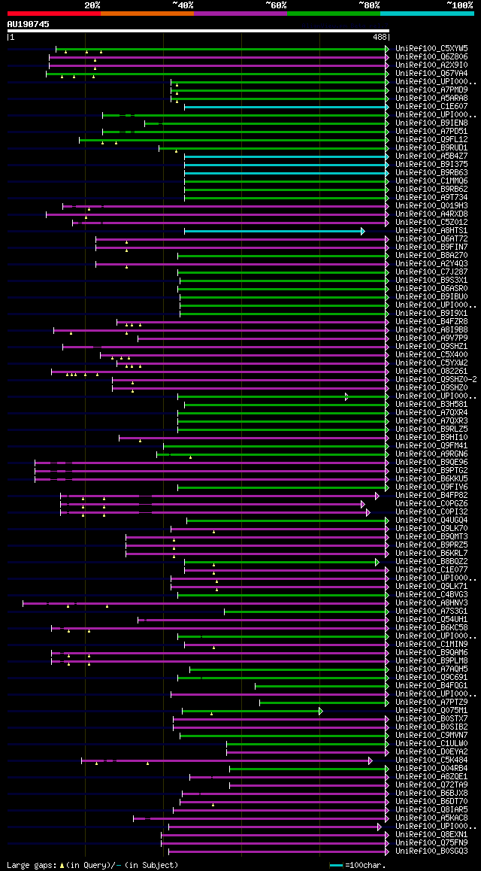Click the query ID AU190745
pos(29,24)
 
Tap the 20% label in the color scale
pos(92,5)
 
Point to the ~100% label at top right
pos(459,5)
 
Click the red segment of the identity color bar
pos(53,14)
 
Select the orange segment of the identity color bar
pos(147,14)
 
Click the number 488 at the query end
pos(380,36)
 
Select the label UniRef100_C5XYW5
pos(431,49)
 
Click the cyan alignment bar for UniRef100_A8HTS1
pos(274,231)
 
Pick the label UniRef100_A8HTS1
pos(431,231)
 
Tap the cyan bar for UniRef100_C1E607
pos(286,107)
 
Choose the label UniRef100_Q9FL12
pos(431,140)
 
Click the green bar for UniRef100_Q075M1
pos(251,711)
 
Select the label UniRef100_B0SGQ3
pos(431,851)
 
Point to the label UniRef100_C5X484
pos(431,760)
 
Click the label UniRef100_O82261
pos(431,372)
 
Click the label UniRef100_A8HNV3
pos(431,603)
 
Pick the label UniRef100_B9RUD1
pos(431,148)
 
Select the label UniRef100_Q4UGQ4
pos(431,520)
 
